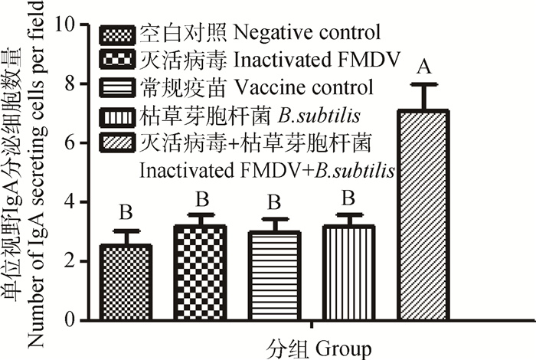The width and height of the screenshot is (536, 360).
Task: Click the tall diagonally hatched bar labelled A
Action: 423,215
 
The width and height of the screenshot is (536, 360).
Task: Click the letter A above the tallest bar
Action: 422,69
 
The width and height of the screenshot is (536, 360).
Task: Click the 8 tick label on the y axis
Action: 69,83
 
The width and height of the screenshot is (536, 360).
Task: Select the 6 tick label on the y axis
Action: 69,142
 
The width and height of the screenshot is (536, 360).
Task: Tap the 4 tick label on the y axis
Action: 69,202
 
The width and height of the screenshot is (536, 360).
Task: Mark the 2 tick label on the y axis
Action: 69,261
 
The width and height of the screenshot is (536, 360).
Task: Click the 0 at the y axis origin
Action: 69,320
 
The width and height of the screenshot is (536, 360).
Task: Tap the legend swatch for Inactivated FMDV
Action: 119,59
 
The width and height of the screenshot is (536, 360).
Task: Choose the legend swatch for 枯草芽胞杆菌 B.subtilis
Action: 119,116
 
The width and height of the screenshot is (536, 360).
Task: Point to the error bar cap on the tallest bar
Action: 423,84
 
